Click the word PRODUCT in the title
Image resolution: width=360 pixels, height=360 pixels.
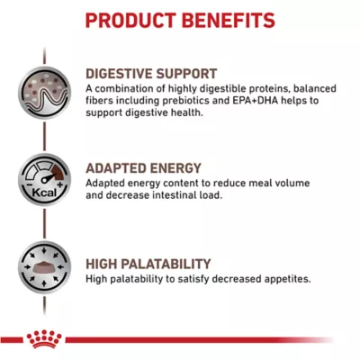coord(131,21)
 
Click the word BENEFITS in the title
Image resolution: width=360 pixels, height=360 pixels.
coord(229,21)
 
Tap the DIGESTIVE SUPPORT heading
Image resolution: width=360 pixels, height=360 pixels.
coord(151,74)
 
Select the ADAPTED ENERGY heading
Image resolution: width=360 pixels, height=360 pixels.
coord(143,168)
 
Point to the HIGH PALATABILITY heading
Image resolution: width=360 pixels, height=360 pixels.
coord(148,264)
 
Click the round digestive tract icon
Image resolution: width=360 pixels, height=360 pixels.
coord(44,93)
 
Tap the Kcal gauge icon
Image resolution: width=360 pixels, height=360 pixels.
coord(44,180)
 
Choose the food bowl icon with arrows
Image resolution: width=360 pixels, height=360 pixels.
coord(44,267)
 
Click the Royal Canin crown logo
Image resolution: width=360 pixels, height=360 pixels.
coord(44,338)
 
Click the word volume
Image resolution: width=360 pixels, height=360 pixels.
coord(291,183)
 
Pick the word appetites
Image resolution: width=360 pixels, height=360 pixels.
coord(287,279)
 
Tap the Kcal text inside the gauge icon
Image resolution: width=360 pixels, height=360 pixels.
coord(44,193)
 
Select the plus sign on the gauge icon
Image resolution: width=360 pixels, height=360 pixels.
coord(60,184)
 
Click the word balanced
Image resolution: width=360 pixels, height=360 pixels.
coord(314,89)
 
